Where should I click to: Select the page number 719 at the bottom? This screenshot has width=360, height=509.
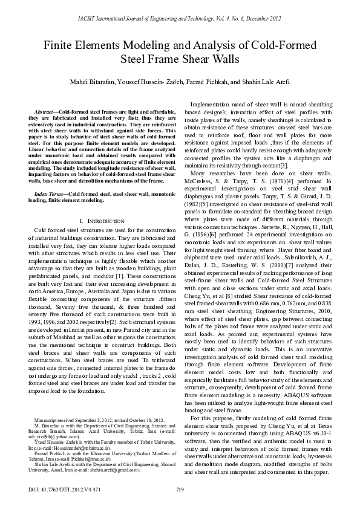180,490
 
